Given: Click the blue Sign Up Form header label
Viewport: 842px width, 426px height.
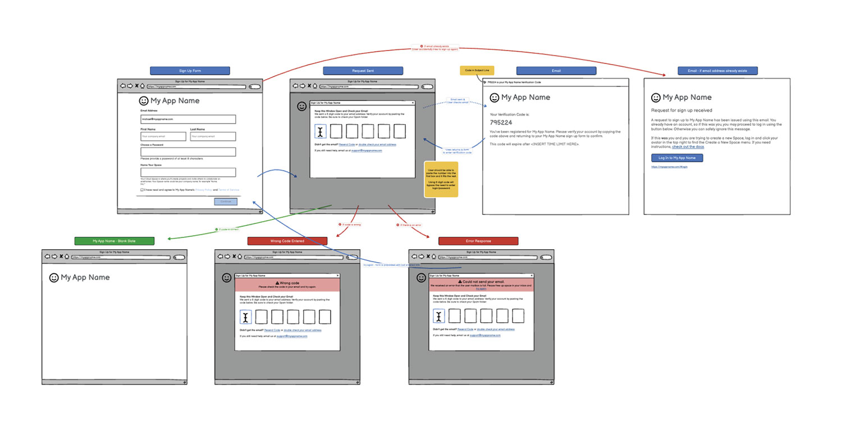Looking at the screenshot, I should coord(190,71).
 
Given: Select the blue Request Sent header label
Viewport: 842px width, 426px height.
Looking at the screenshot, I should coord(363,71).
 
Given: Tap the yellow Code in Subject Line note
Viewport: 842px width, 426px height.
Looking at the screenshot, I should coord(477,71).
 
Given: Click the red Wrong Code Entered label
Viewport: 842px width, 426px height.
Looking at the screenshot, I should coord(287,241).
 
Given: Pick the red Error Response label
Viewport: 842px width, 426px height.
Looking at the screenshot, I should coord(478,241).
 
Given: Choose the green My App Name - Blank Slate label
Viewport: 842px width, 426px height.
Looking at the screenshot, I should coord(114,241).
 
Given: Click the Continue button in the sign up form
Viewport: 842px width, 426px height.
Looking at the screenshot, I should coord(226,201).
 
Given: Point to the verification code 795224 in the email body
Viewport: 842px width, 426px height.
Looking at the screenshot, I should coord(501,122).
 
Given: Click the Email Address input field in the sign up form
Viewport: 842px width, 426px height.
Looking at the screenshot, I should coord(188,119).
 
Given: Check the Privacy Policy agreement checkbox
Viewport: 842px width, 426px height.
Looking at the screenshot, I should coord(142,190).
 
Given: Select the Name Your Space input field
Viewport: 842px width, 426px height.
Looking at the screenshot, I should coord(188,172).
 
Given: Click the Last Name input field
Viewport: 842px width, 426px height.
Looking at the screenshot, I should coord(213,136).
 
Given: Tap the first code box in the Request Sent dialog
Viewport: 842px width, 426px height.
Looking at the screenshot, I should coord(321,131).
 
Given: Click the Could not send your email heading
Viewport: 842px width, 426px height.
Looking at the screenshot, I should coord(482,281).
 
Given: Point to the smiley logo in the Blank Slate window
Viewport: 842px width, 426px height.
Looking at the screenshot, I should coord(54,277).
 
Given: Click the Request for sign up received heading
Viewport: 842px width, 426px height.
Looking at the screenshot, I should coord(681,111).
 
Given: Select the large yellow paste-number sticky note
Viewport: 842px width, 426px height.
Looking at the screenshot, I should coord(441,179).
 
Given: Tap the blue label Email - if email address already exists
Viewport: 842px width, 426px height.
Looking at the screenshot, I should coord(717,71).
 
